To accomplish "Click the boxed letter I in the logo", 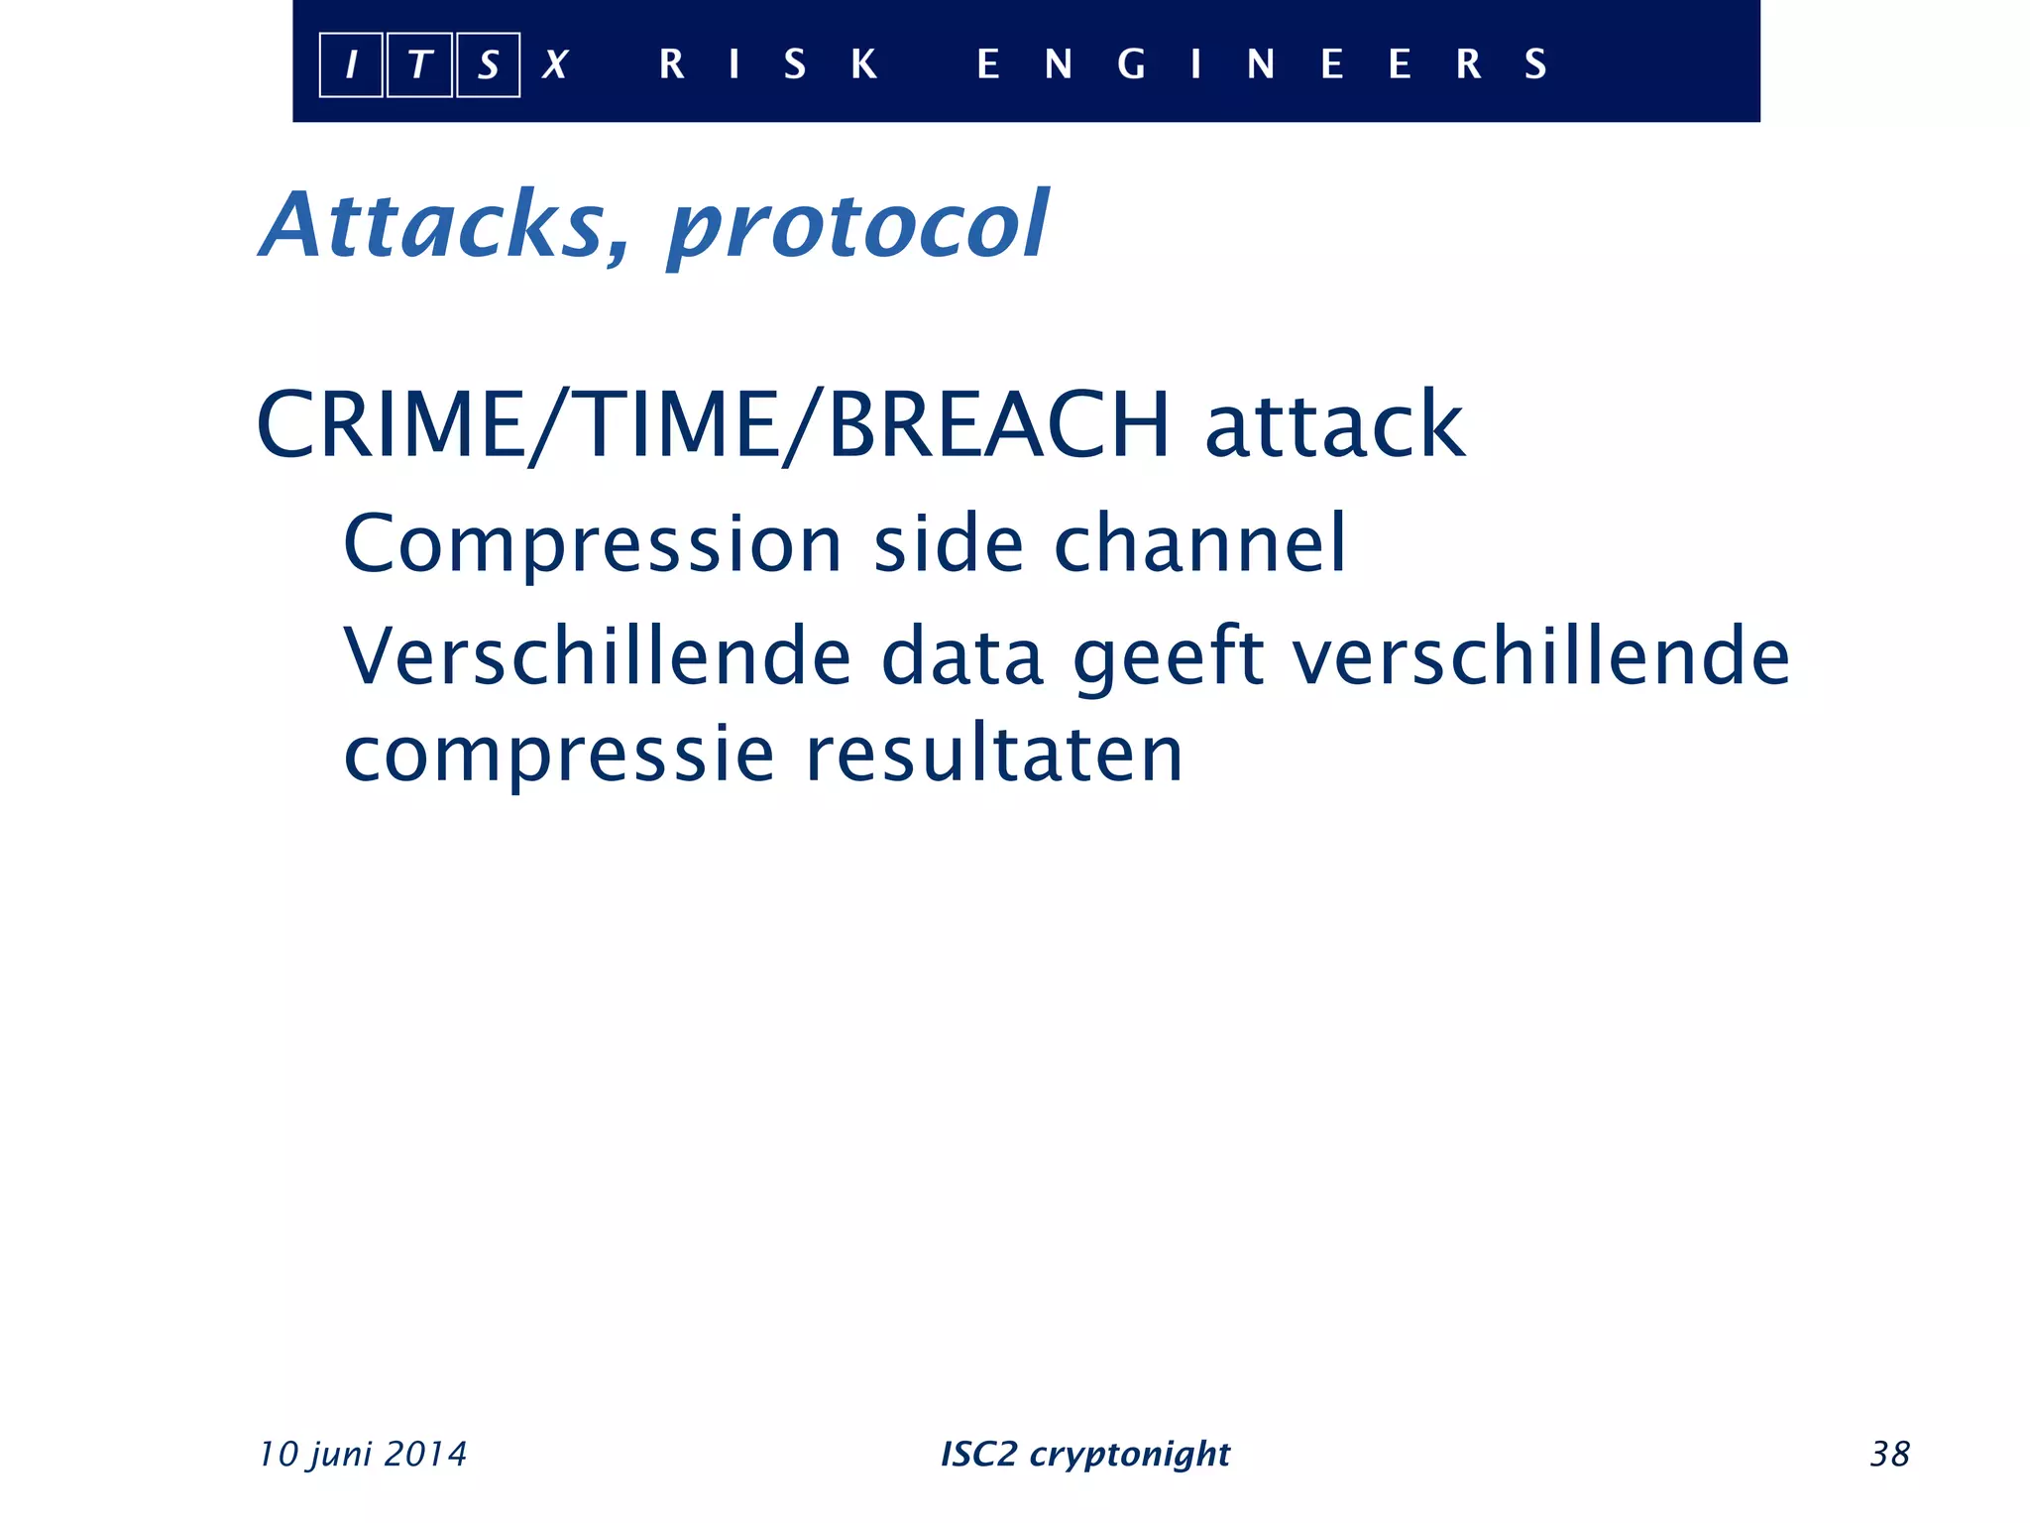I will [351, 65].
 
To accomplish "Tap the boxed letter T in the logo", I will [419, 65].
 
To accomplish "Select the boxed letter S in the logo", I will [488, 65].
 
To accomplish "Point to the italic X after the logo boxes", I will [555, 65].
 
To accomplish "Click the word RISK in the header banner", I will [768, 64].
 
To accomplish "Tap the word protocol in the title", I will [857, 228].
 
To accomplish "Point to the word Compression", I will [592, 545].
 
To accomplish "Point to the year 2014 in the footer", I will [425, 1454].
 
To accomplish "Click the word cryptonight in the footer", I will [1130, 1455].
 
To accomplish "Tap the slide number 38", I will [1889, 1454].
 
